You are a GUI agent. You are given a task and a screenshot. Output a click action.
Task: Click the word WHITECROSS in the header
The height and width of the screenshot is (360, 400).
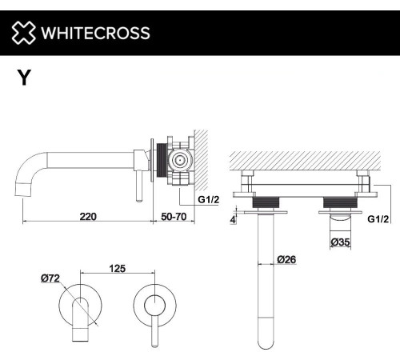coord(94,34)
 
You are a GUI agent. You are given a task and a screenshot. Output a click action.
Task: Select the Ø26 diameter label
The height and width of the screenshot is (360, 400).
coord(289,258)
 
